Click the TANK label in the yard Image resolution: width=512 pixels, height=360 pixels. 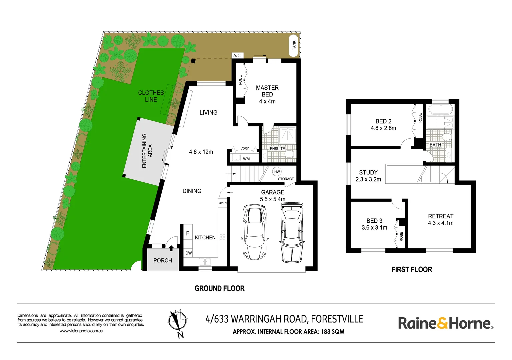click(294, 45)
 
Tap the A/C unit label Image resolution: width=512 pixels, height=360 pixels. click(237, 56)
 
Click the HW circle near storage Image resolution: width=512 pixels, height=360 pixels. click(277, 172)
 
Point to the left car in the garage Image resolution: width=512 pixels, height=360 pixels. click(255, 231)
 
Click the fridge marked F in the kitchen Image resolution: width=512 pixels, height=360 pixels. click(188, 233)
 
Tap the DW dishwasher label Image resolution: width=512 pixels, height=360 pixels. click(189, 253)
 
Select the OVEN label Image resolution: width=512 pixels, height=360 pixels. click(223, 203)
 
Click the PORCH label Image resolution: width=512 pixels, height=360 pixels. click(163, 260)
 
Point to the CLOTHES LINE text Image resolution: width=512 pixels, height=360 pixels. click(151, 96)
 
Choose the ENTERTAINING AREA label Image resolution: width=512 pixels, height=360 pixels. click(147, 151)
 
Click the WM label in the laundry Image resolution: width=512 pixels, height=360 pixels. click(246, 159)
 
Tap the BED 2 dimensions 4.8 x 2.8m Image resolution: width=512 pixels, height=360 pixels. click(383, 128)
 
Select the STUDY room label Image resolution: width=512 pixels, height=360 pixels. click(368, 172)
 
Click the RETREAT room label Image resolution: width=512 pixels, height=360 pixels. click(441, 216)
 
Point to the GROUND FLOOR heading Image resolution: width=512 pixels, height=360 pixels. click(220, 288)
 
